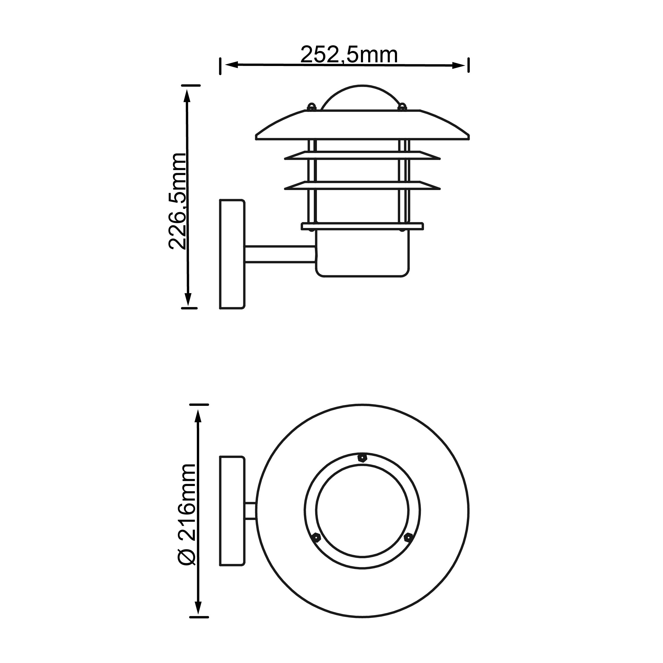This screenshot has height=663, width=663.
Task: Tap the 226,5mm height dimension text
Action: [178, 201]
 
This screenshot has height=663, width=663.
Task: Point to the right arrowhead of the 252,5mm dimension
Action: [459, 65]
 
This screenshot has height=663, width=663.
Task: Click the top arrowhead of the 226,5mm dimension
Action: [187, 96]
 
